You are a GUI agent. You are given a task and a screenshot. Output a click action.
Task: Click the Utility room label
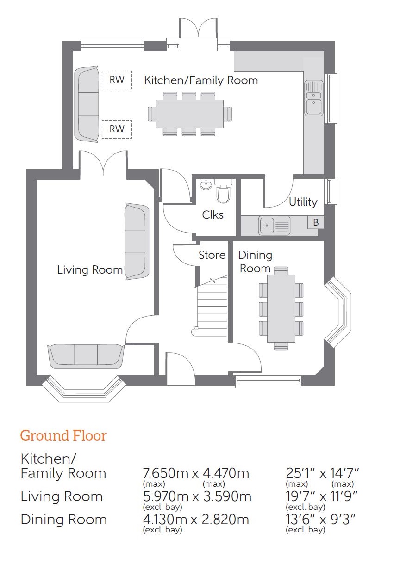303,202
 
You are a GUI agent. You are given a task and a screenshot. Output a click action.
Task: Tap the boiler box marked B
316,222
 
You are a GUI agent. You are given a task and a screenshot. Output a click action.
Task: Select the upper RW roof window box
117,80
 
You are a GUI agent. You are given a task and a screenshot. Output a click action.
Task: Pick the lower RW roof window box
117,129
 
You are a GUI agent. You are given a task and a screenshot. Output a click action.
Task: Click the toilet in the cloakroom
224,191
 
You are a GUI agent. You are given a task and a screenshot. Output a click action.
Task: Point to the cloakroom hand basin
206,185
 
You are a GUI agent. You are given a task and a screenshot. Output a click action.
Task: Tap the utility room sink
275,225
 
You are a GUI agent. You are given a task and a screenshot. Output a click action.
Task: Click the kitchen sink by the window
313,98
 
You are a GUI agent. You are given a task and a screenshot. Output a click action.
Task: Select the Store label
212,255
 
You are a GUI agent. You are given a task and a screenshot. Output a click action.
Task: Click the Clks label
212,215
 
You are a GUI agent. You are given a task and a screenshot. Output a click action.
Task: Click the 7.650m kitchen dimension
165,473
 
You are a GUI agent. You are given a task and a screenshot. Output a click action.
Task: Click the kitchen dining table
189,114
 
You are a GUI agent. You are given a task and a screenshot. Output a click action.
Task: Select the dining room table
281,308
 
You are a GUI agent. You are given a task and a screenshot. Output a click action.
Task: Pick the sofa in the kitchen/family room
87,104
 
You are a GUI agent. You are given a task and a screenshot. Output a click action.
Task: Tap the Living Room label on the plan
90,270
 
